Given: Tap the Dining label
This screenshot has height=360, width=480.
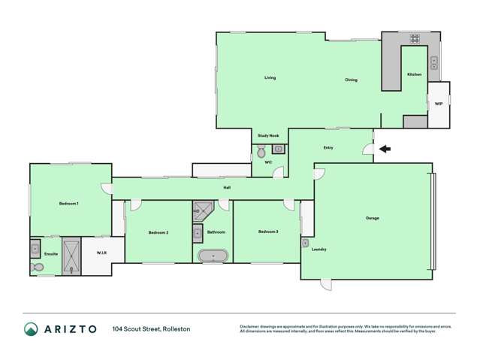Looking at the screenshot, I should pos(352,80).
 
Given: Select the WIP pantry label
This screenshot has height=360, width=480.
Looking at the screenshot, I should pos(439,104).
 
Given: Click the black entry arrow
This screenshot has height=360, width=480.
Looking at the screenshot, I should pos(385,149).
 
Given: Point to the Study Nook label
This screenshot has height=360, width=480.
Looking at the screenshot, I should pos(268,135).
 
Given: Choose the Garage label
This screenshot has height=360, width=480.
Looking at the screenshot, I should pos(373,218).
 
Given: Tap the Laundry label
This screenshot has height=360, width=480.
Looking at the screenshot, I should pos(318,249).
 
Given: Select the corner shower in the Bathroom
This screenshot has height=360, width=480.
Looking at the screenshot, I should pos(203,210).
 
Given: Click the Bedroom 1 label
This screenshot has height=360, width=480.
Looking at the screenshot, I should pos(69,203).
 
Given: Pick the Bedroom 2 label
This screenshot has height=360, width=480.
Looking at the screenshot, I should pos(158,232).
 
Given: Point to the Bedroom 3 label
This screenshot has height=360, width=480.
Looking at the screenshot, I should pos(268,231).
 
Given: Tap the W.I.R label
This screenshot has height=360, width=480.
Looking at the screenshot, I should pos(102,253).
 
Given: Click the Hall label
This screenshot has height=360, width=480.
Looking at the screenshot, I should pos(226,187).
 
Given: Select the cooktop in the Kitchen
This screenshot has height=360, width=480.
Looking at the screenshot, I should pos(414,39).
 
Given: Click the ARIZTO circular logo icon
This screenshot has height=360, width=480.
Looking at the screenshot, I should pos(31,329).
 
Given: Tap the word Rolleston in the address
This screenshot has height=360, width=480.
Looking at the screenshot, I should pos(174,329).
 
